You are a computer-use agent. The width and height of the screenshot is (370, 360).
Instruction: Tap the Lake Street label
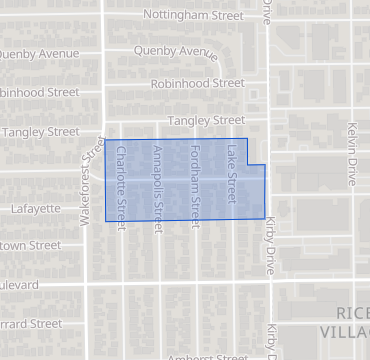point(230,170)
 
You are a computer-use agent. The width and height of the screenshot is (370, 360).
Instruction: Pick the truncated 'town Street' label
point(30,245)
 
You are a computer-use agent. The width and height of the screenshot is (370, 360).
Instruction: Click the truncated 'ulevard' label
point(20,284)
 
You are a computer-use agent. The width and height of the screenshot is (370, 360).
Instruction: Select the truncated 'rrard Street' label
point(31,324)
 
